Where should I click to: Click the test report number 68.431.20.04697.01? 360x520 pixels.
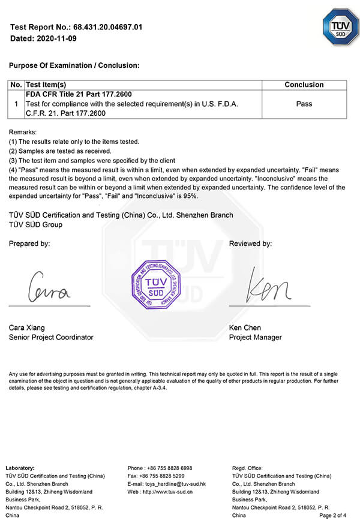click(x=107, y=27)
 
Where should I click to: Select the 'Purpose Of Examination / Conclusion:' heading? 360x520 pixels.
click(x=74, y=65)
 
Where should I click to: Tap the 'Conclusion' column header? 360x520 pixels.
click(x=304, y=85)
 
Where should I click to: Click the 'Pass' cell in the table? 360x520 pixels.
click(x=304, y=104)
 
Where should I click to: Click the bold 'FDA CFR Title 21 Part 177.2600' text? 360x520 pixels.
click(x=79, y=94)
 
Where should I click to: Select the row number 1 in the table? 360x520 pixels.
click(x=16, y=104)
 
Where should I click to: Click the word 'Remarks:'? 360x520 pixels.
click(x=23, y=131)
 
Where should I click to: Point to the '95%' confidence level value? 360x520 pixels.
click(x=190, y=196)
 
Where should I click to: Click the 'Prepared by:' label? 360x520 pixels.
click(x=29, y=244)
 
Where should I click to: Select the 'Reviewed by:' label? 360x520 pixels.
click(x=250, y=244)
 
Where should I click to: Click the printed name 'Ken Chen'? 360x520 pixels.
click(x=244, y=327)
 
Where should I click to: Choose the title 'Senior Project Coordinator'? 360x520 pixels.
click(x=51, y=337)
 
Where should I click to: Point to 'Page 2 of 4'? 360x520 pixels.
click(x=333, y=515)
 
